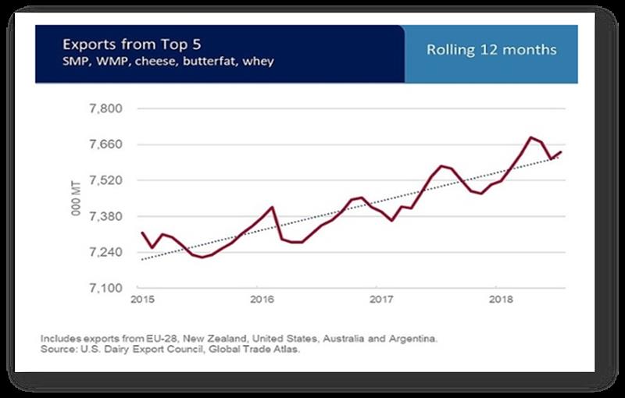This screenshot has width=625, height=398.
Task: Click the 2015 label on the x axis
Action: click(141, 299)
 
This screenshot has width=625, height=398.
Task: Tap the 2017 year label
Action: click(380, 299)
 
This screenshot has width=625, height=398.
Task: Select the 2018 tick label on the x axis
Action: click(498, 299)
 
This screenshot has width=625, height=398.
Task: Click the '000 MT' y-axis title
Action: click(77, 198)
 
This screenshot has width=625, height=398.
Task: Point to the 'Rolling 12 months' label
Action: click(491, 50)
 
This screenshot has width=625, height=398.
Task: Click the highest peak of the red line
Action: click(531, 137)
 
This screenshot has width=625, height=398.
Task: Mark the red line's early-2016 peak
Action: click(271, 207)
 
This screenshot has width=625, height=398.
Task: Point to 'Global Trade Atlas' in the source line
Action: click(238, 349)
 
